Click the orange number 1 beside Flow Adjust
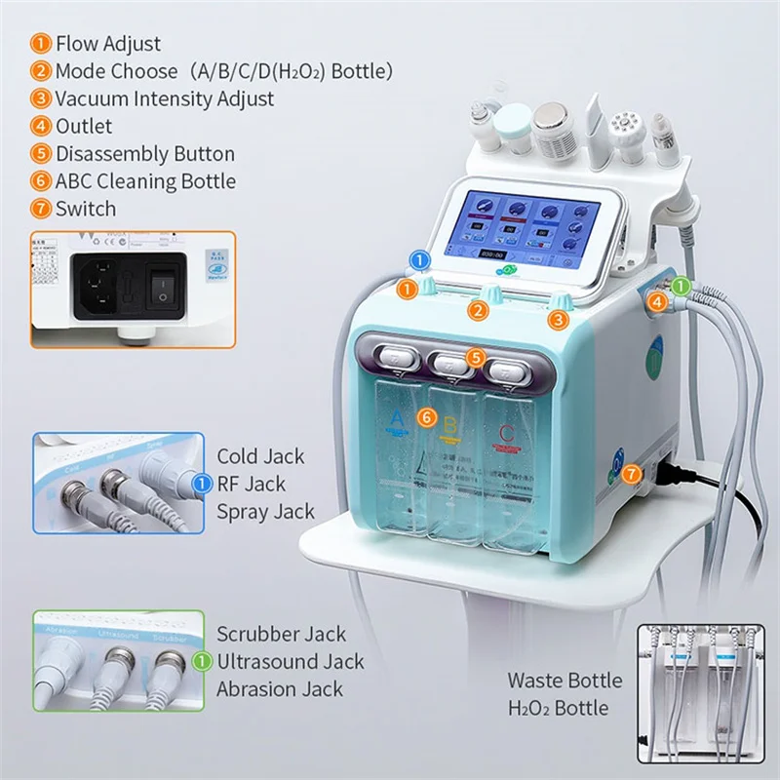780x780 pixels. [x=42, y=43]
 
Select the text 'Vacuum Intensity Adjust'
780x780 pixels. [x=164, y=98]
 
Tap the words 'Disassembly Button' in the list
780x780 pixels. [x=144, y=154]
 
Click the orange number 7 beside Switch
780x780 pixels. [x=42, y=209]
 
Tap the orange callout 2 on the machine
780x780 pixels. [x=477, y=312]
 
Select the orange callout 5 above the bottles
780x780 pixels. [x=475, y=358]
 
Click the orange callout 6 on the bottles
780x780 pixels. [x=425, y=416]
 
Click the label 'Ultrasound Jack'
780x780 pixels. [x=290, y=662]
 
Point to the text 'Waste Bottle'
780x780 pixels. [x=564, y=681]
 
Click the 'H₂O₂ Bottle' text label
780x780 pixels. [x=558, y=708]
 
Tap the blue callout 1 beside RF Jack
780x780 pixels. [x=202, y=484]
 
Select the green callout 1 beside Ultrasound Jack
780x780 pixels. [x=202, y=662]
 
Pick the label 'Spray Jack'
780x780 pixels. [x=265, y=511]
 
